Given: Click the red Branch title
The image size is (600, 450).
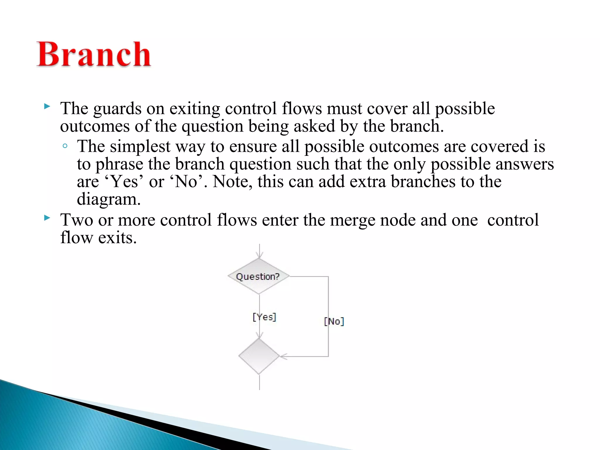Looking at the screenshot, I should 94,55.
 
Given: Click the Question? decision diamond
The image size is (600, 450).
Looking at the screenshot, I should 258,276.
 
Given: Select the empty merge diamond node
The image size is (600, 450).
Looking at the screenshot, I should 259,356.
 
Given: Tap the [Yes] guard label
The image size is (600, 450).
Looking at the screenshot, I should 264,317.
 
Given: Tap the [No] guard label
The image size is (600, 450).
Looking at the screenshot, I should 334,321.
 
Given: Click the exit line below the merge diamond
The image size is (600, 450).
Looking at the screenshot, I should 259,382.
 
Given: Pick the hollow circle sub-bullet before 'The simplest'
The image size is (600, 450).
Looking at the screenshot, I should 65,146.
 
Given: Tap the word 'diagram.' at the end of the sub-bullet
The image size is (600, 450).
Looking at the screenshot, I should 109,200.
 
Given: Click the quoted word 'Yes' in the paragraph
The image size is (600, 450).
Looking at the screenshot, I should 125,182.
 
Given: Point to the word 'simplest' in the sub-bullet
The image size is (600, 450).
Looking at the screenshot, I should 140,146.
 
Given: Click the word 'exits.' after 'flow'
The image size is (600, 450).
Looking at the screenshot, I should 117,238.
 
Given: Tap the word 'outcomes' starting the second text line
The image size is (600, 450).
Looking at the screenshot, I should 95,127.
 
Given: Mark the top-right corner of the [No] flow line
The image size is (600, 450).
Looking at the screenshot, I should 328,276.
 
